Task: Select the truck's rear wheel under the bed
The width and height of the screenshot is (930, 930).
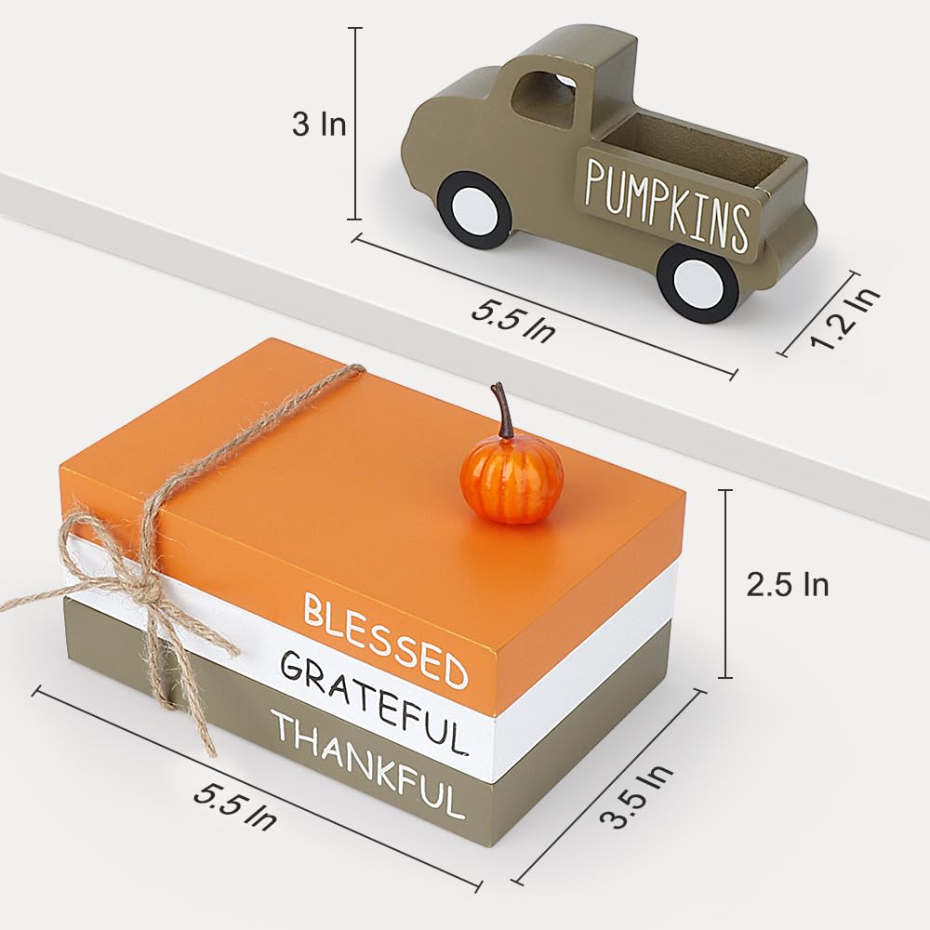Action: (x=697, y=283)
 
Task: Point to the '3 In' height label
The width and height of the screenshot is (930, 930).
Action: (x=319, y=125)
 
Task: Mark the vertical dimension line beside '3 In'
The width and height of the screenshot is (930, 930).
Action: (x=355, y=124)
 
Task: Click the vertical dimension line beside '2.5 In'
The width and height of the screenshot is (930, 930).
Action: (x=726, y=584)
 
